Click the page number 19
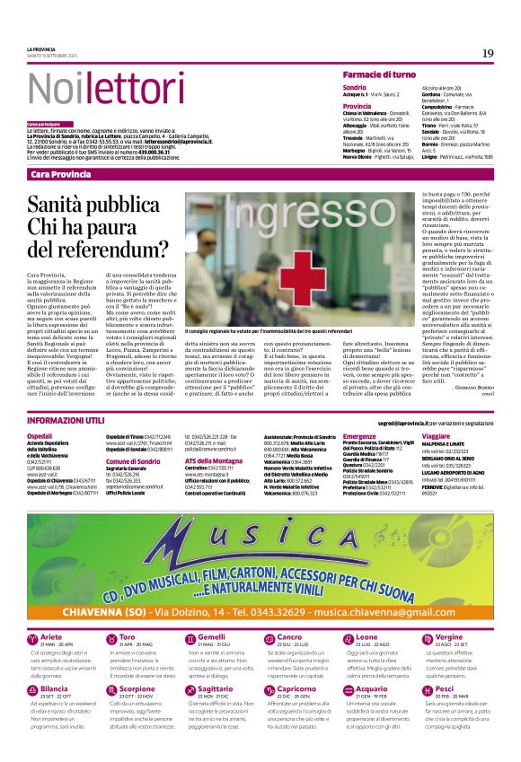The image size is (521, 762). coord(487,53)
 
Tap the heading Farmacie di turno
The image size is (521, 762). coord(377,74)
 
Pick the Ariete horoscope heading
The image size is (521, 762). coord(56,610)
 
